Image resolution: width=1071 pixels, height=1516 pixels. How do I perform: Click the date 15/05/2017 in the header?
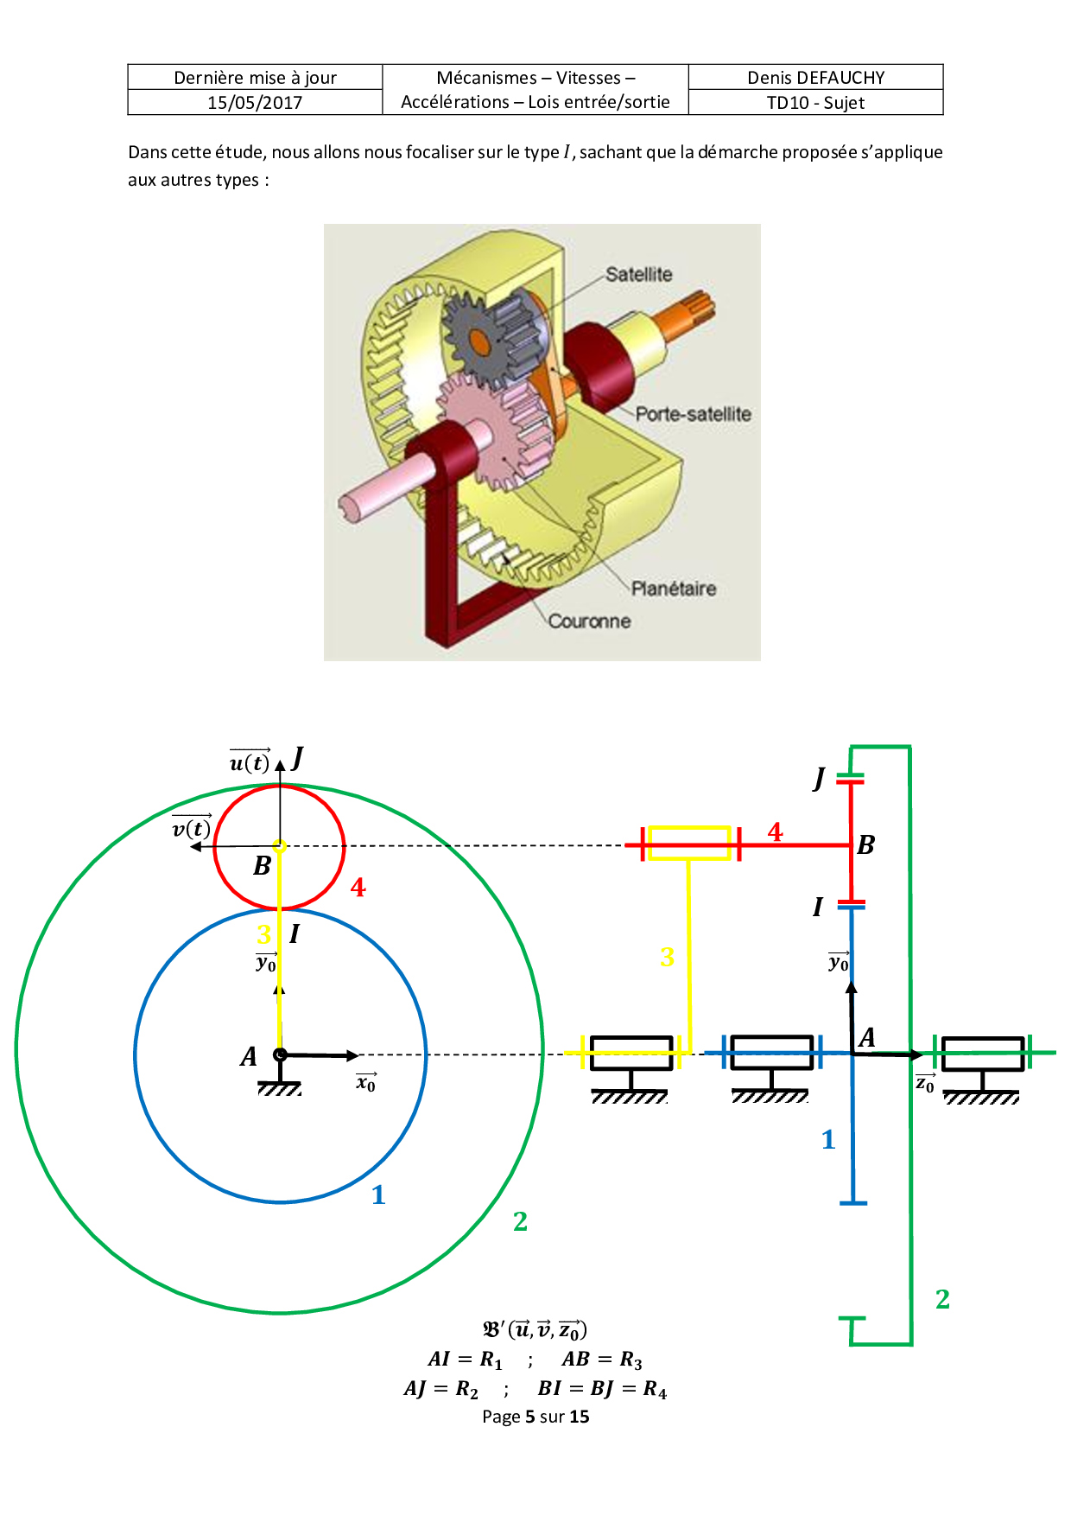(x=255, y=102)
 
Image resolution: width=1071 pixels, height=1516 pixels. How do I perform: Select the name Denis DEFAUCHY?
(x=815, y=77)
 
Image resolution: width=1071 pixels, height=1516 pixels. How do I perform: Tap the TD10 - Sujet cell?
(x=815, y=102)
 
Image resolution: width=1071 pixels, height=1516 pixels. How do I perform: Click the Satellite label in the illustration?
(x=638, y=274)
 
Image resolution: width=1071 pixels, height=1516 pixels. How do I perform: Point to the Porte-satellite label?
(x=693, y=414)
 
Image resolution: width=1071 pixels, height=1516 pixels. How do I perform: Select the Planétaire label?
(x=673, y=589)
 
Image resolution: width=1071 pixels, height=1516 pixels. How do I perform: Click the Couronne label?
(x=589, y=621)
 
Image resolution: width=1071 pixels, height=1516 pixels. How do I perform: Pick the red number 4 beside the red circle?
(x=358, y=887)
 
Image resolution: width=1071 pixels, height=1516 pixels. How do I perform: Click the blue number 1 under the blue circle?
(x=378, y=1194)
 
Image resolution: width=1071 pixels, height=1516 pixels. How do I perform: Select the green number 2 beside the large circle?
(x=520, y=1220)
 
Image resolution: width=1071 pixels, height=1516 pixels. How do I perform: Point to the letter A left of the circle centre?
(x=249, y=1056)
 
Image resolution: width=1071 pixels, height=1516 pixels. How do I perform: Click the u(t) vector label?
(x=250, y=761)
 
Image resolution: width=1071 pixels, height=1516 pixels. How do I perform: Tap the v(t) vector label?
(x=192, y=828)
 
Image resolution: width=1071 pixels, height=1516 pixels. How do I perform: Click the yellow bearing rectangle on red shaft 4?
(x=689, y=844)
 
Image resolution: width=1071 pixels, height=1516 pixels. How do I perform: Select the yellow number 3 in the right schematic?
(x=667, y=957)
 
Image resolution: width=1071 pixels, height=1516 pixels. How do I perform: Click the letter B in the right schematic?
(x=866, y=844)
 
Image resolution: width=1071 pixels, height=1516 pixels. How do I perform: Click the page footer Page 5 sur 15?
(x=535, y=1417)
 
